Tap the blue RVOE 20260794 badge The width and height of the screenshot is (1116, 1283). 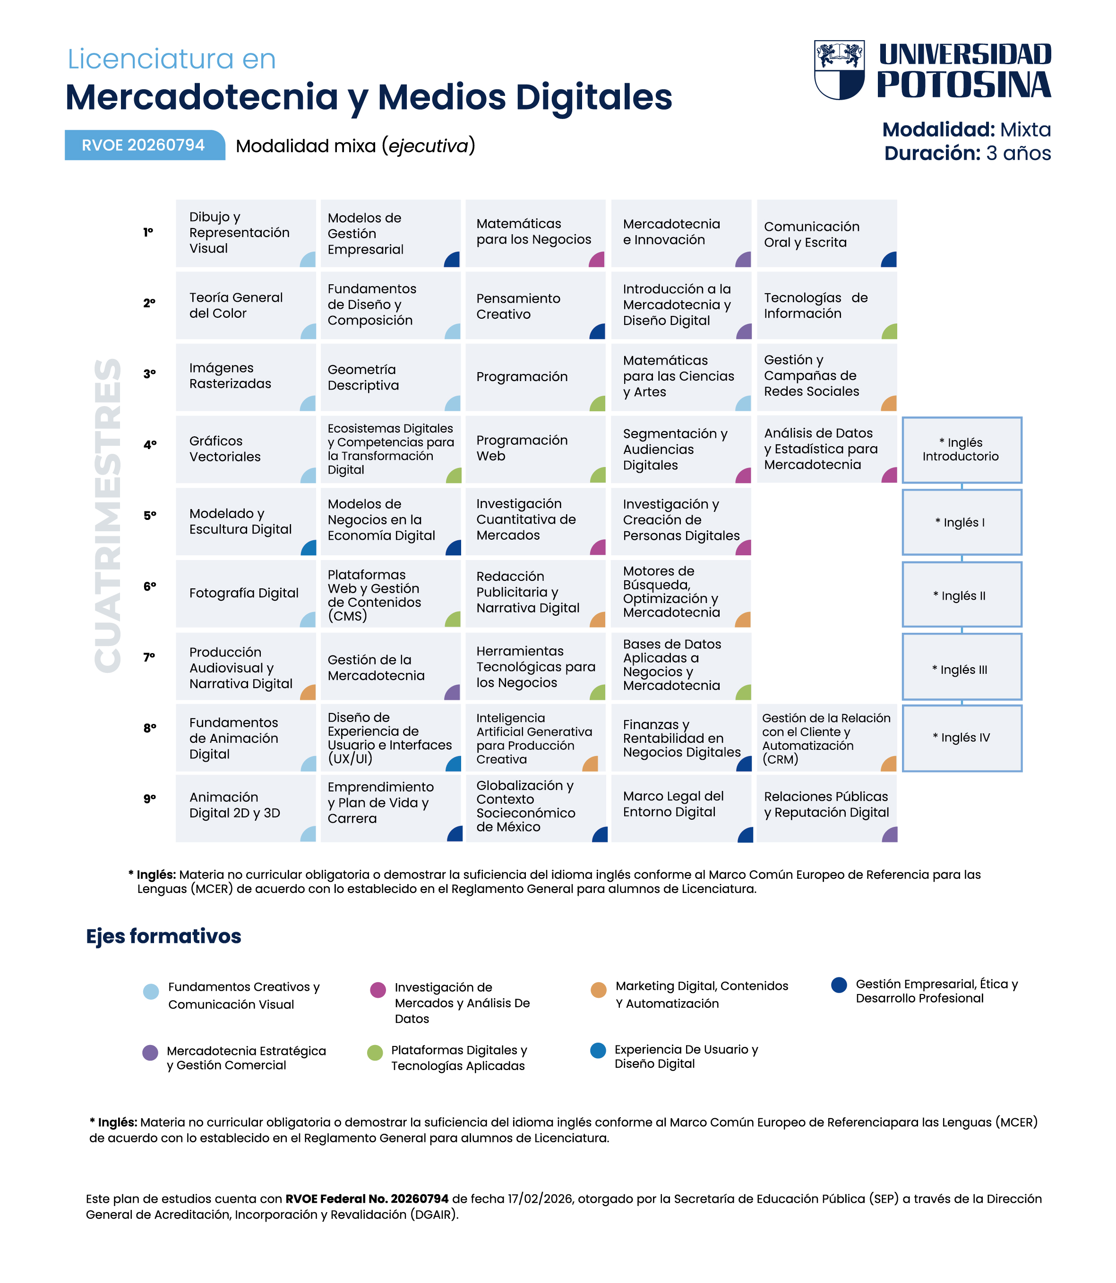pos(145,145)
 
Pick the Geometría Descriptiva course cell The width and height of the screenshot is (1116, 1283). pos(390,377)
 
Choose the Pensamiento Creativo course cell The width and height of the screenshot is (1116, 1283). pos(536,306)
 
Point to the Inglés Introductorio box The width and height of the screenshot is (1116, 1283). pos(961,450)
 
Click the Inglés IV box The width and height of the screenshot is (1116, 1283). pos(961,738)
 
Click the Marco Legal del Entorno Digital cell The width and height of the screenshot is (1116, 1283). pos(681,808)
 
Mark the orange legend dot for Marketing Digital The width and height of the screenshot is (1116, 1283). pos(599,990)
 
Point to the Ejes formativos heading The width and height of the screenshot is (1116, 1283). pos(164,936)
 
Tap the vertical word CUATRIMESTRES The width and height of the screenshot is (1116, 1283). pos(108,516)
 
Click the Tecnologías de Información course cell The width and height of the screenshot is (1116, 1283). pos(827,306)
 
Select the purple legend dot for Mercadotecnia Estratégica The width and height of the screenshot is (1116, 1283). pos(150,1053)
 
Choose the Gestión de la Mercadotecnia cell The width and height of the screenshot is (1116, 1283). pos(390,666)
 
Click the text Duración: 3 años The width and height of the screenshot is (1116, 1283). pos(968,153)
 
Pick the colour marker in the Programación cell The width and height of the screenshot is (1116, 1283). pos(598,403)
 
